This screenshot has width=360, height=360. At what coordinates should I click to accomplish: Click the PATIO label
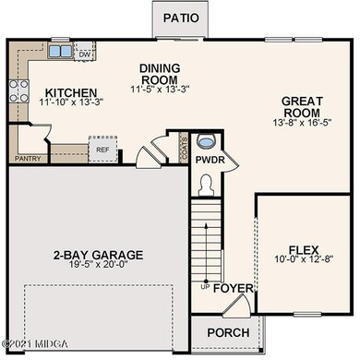coord(183,18)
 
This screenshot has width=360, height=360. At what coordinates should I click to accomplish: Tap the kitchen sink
coord(58,52)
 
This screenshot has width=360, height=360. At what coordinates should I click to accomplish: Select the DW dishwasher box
coord(84,54)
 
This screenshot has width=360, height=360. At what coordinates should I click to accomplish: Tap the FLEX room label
coord(301,249)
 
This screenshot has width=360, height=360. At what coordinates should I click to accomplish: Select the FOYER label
coord(233,288)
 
